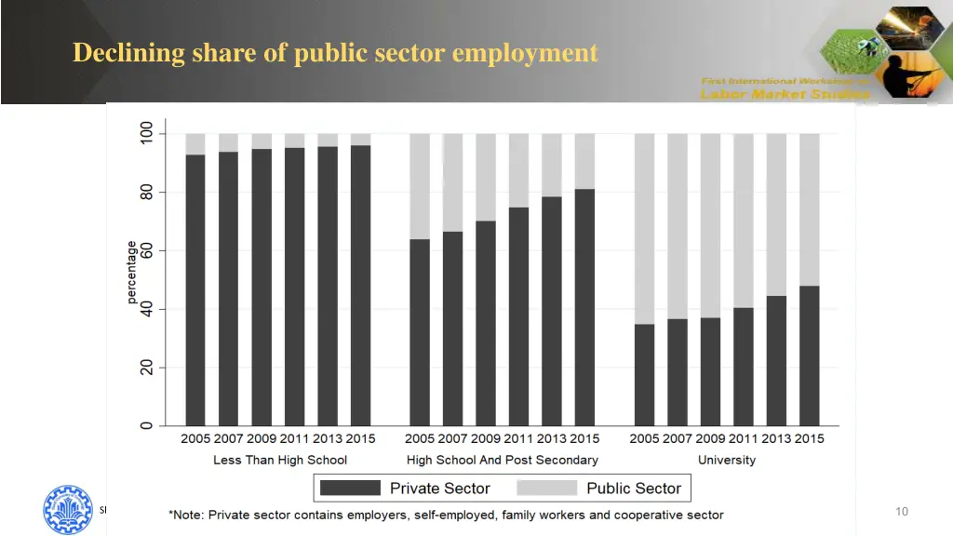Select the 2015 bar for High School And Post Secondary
[584, 307]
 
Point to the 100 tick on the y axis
[146, 134]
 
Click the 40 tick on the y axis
[146, 309]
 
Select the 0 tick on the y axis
[146, 426]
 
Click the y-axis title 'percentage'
[132, 273]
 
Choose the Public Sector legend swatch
[546, 488]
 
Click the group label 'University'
[727, 460]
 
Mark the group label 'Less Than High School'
[280, 460]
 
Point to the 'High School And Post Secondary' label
[503, 460]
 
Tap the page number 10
[901, 511]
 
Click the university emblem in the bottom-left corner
[68, 509]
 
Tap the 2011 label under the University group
[744, 438]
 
